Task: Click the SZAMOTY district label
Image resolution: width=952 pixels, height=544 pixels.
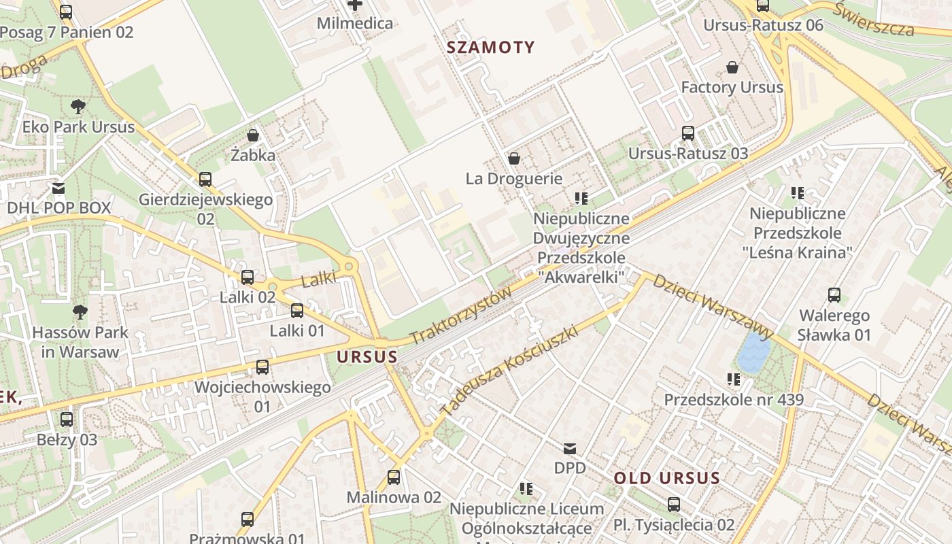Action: click(491, 48)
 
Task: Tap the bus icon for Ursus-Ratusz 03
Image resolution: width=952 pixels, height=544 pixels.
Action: click(688, 133)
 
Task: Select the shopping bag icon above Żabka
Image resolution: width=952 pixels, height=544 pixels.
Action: click(253, 135)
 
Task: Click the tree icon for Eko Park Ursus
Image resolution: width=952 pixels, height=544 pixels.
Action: click(78, 106)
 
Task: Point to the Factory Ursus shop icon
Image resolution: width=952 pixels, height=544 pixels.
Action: click(732, 67)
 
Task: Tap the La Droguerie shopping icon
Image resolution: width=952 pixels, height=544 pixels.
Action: click(514, 158)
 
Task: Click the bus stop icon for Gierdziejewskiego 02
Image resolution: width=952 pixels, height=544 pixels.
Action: click(205, 180)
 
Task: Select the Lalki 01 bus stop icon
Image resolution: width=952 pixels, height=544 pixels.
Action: click(297, 311)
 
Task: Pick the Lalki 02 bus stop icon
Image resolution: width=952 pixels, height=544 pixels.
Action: click(248, 277)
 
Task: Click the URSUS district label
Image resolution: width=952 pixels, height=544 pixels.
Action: click(367, 356)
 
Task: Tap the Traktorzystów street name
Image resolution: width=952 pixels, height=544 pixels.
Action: click(461, 315)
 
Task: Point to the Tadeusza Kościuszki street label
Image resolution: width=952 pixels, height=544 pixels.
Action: click(509, 371)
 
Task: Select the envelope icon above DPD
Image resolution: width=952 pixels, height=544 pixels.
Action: click(570, 448)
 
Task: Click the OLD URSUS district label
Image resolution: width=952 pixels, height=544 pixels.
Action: click(666, 478)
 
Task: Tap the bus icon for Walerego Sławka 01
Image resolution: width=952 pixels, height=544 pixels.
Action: click(834, 295)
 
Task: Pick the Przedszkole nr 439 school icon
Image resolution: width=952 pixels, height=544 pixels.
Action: click(734, 379)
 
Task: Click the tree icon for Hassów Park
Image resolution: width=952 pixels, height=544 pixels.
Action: click(80, 312)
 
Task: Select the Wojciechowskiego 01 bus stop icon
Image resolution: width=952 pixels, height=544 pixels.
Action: click(262, 367)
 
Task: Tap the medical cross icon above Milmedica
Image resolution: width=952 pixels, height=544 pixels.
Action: click(355, 5)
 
